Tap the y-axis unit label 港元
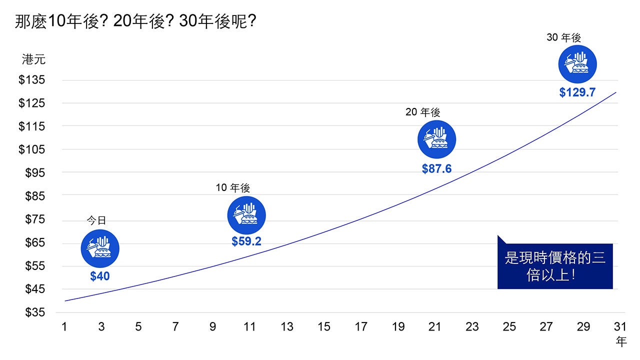tap(33, 59)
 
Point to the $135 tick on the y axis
tap(31, 80)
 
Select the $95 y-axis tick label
tap(34, 173)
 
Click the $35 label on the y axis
tap(34, 312)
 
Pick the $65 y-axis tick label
tap(34, 243)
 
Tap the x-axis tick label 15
tap(323, 327)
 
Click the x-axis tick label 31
tap(620, 327)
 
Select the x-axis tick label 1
tap(64, 327)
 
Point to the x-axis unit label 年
tap(621, 342)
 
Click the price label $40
tap(100, 276)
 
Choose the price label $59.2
tap(246, 241)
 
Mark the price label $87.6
tap(436, 169)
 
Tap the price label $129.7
tap(577, 92)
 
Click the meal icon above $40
tap(100, 248)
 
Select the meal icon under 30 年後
tap(577, 64)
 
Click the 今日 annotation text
tap(97, 220)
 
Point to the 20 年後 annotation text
tap(423, 112)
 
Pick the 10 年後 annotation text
tap(233, 188)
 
